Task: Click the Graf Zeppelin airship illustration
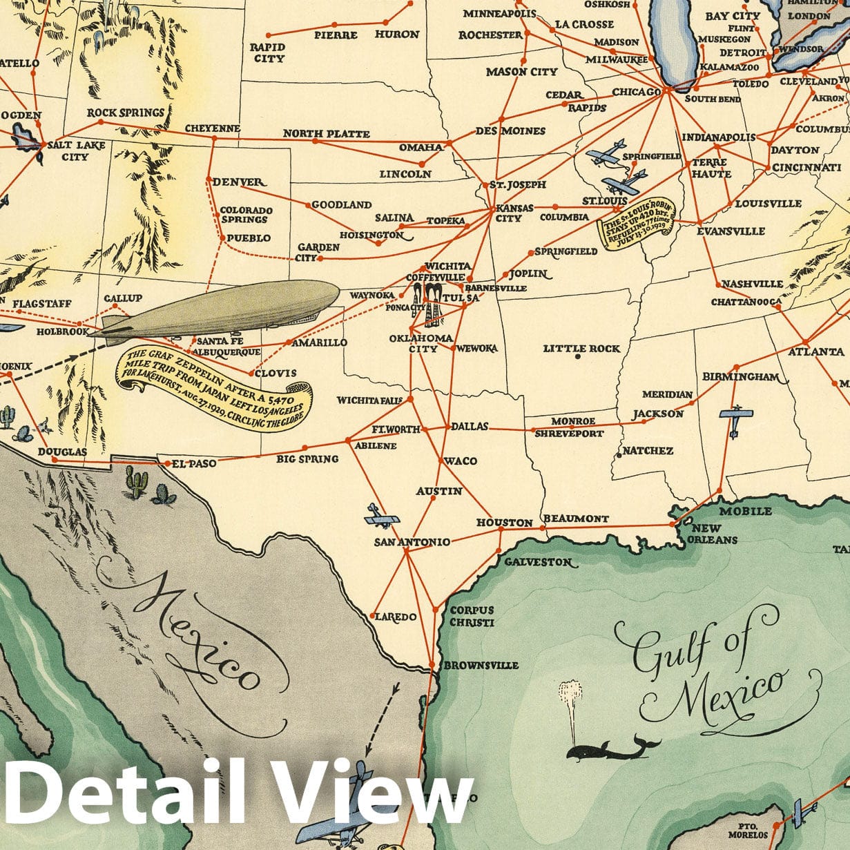(x=221, y=311)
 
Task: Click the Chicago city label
(x=636, y=93)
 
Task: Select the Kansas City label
(x=510, y=213)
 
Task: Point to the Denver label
(x=238, y=182)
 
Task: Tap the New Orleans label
(x=706, y=534)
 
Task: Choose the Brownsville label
(x=481, y=666)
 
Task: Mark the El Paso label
(x=193, y=463)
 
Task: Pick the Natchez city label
(x=648, y=451)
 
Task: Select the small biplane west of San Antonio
(x=381, y=516)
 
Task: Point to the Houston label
(x=504, y=523)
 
